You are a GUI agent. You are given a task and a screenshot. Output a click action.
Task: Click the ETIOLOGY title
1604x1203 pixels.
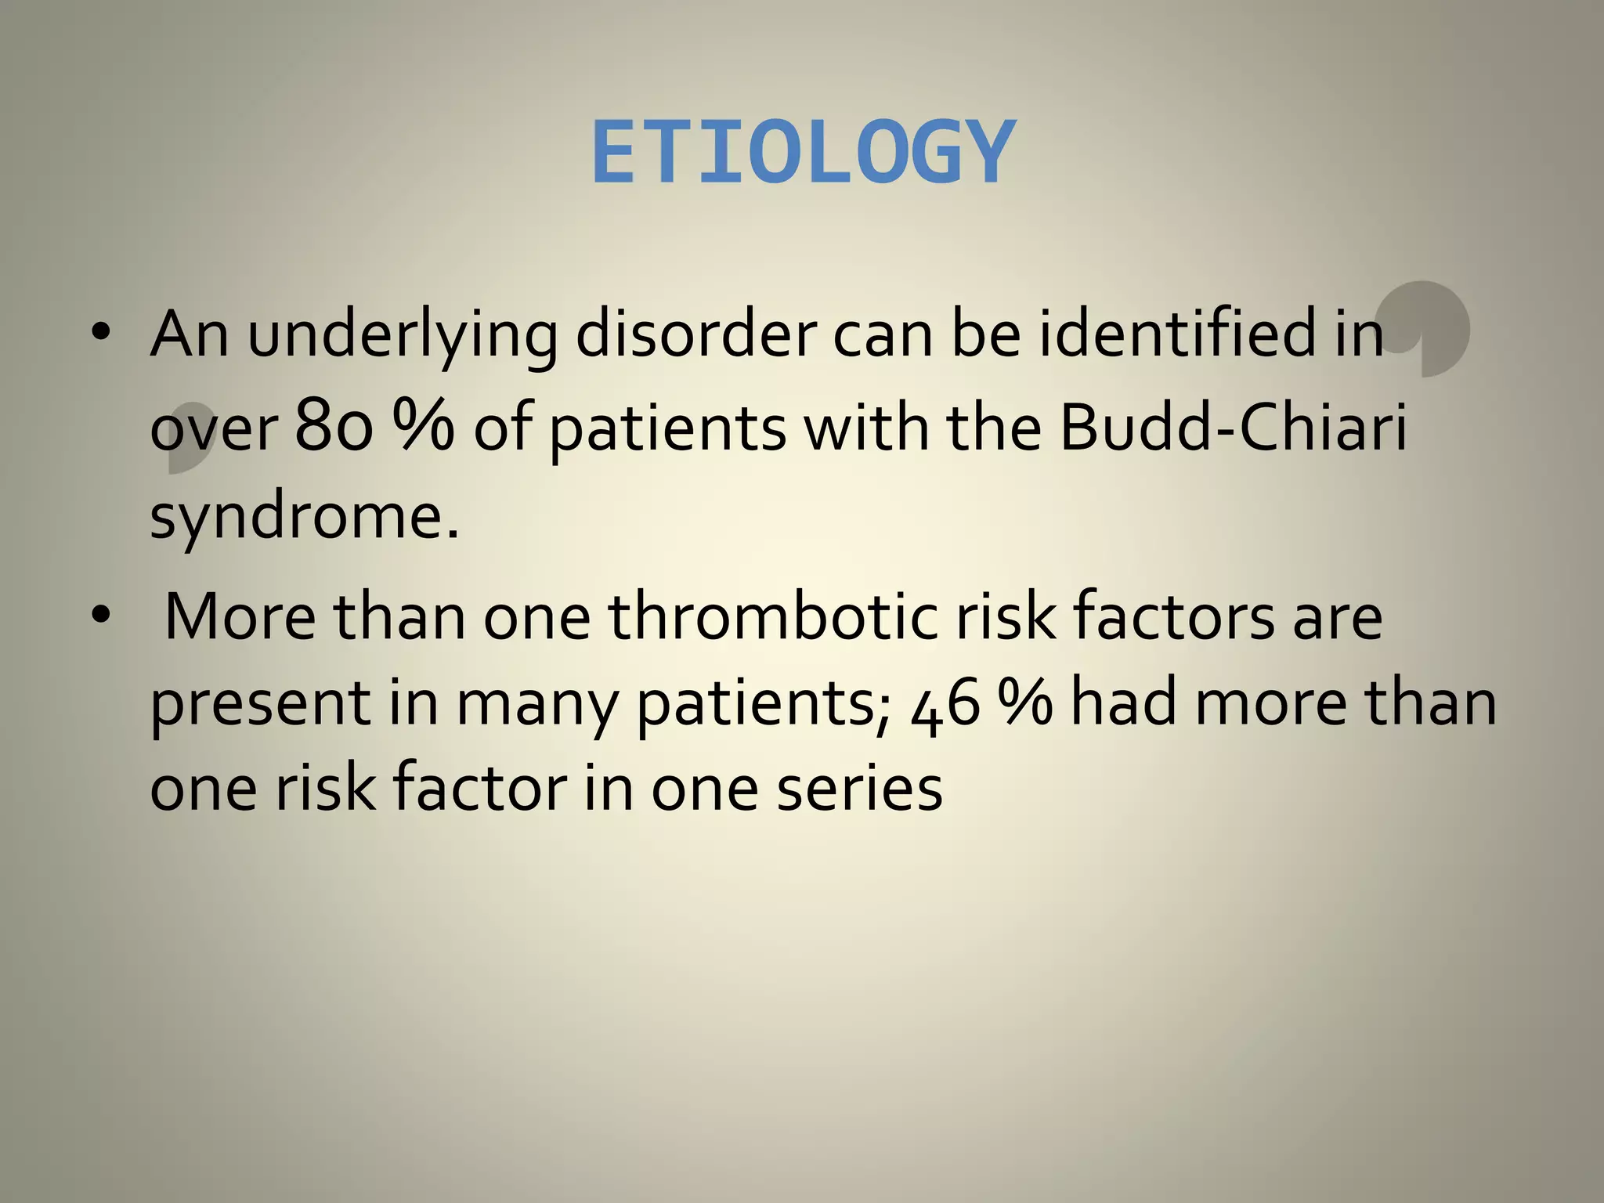pyautogui.click(x=804, y=153)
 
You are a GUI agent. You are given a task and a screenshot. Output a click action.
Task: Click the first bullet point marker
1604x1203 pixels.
pyautogui.click(x=99, y=333)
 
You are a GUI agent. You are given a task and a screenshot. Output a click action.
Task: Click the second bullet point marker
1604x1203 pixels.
pyautogui.click(x=99, y=616)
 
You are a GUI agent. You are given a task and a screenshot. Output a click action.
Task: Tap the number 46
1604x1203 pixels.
pyautogui.click(x=946, y=703)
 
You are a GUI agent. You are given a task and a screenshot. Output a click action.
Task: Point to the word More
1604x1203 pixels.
pyautogui.click(x=240, y=616)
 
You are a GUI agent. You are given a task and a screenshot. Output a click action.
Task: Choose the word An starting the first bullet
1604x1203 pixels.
pyautogui.click(x=190, y=334)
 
